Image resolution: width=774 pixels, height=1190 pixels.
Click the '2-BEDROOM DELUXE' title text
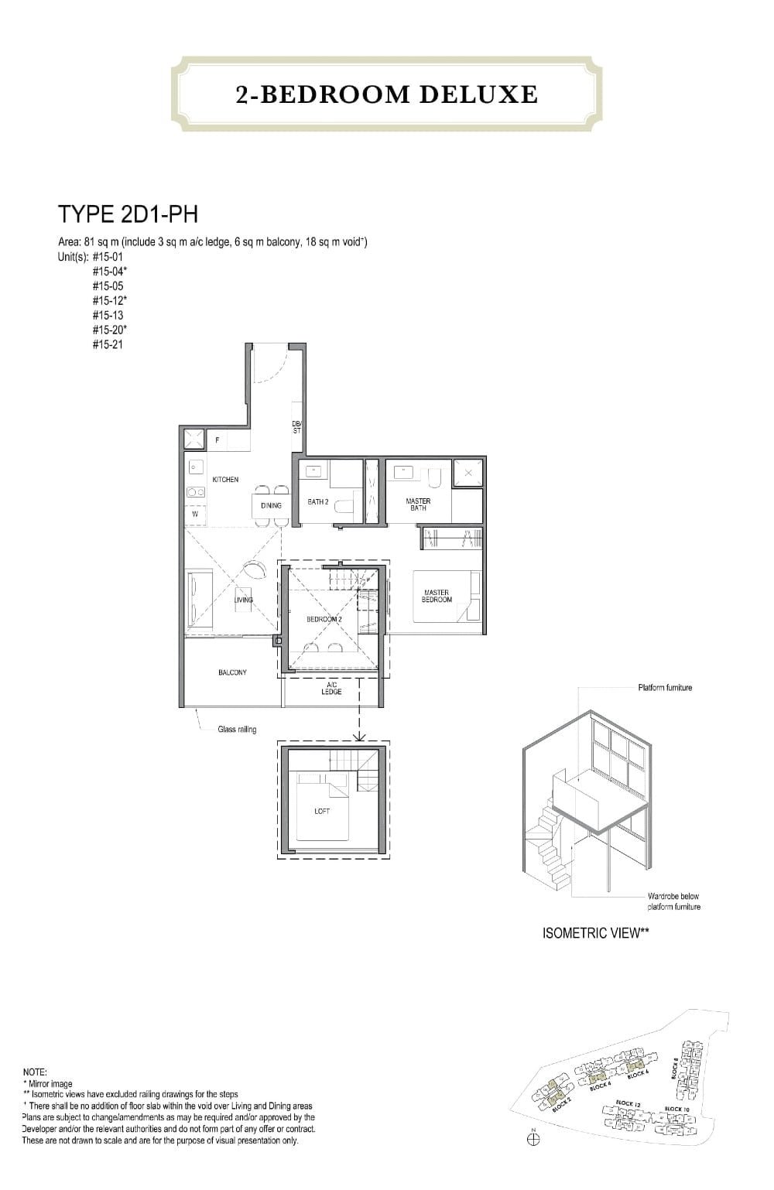coord(386,94)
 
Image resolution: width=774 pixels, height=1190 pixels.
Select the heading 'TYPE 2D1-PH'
coord(128,214)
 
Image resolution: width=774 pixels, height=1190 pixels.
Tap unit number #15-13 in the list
coord(108,315)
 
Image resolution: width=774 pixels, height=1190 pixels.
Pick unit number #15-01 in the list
coord(108,256)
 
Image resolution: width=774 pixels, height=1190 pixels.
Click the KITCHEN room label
coord(225,480)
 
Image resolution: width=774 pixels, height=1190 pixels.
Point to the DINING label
coord(271,505)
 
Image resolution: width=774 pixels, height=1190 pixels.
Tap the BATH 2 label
coord(318,502)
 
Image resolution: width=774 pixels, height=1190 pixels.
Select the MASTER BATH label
coord(418,504)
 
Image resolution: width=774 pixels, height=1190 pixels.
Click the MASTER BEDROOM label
coord(437,596)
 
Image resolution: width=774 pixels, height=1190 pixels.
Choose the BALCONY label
coord(232,672)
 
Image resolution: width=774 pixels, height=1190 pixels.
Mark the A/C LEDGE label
coord(331,688)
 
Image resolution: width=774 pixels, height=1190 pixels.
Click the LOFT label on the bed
coord(322,811)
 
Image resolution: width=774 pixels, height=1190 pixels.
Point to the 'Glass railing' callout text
coord(237,729)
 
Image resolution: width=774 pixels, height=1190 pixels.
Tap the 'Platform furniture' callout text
coord(665,687)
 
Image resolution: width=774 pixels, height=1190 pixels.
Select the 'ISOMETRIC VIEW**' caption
coord(595,932)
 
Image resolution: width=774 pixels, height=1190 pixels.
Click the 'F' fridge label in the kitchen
coord(217,440)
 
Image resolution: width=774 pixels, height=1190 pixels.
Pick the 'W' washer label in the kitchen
coord(194,514)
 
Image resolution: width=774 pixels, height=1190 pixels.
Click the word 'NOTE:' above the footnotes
coord(36,1072)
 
